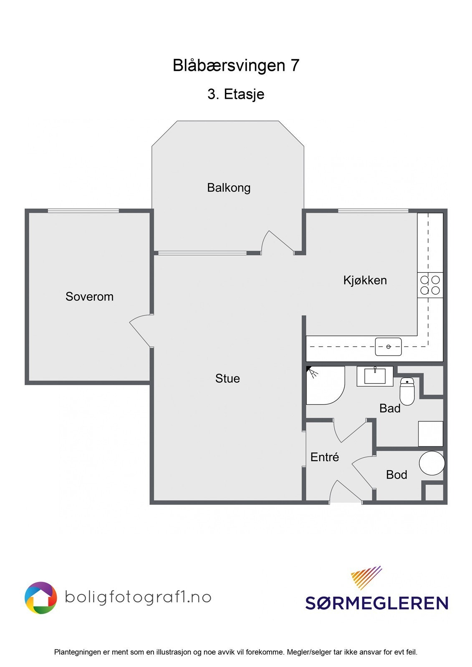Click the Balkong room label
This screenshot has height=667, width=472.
[229, 188]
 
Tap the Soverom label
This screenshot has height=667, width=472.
[89, 297]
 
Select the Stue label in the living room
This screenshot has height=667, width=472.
[227, 379]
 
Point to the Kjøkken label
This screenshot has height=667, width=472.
[365, 280]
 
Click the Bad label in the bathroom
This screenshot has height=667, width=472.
[390, 409]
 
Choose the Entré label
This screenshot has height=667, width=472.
[324, 457]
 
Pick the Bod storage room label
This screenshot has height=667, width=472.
[396, 475]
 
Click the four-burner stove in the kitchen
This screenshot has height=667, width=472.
[430, 285]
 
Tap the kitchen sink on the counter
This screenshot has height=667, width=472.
[388, 347]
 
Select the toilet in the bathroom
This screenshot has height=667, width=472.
[407, 391]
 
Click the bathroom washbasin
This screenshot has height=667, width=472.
[375, 376]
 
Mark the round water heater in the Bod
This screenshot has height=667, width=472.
[432, 463]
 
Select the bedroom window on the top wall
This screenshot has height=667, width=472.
[83, 211]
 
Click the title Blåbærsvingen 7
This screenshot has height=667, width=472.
[236, 65]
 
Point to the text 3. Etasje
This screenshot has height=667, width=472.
[236, 94]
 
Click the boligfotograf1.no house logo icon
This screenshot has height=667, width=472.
[41, 598]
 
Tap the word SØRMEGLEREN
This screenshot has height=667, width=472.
[376, 603]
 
